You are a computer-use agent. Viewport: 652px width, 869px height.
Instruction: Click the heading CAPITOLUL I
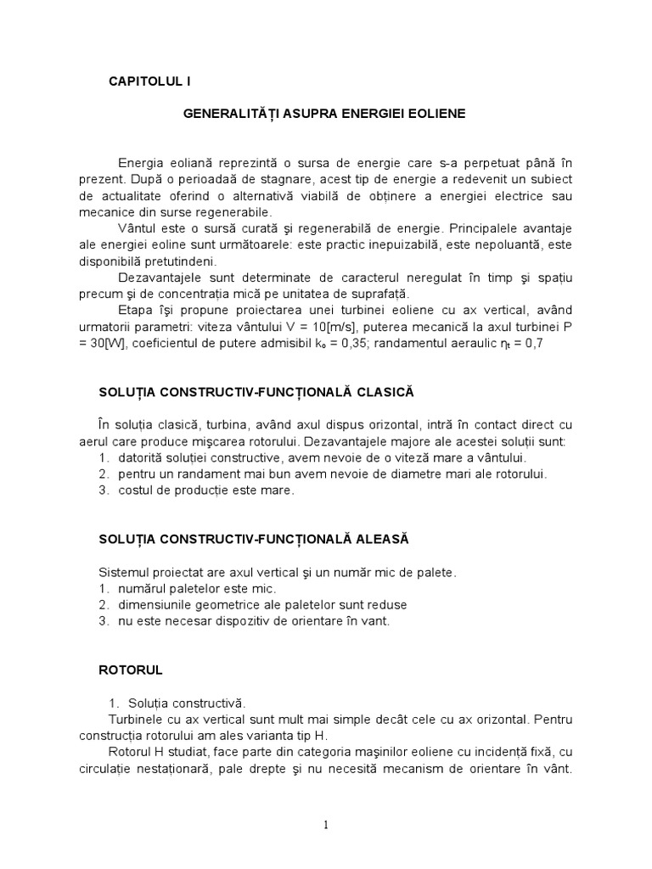pos(150,81)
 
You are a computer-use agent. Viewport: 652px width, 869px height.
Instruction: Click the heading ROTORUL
pos(131,670)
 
